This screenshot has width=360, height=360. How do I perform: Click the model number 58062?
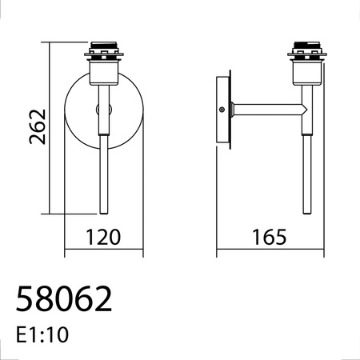[x=64, y=299]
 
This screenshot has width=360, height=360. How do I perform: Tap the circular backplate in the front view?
[x=80, y=112]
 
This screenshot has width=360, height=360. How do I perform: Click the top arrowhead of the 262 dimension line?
[x=50, y=42]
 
